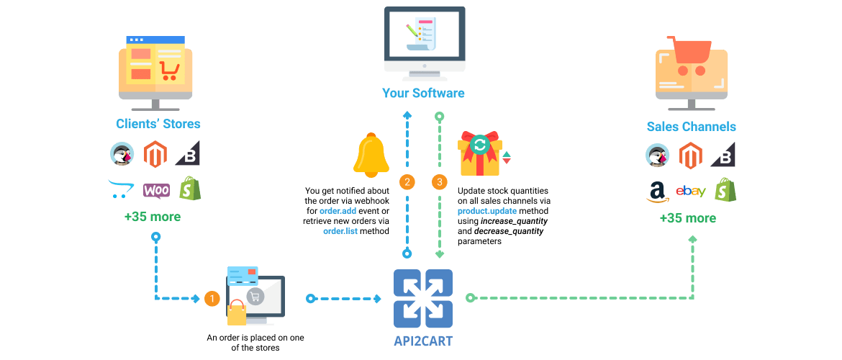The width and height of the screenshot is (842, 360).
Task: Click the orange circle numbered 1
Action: point(212,298)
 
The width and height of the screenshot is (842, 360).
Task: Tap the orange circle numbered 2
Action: point(407,182)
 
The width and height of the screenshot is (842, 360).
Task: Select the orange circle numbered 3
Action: point(440,182)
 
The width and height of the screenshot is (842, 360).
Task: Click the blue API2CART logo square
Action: point(423,299)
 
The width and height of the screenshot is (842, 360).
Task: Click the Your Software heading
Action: point(423,93)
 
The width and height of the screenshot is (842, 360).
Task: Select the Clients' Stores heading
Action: point(158,124)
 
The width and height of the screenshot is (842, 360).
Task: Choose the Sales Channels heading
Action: point(691,127)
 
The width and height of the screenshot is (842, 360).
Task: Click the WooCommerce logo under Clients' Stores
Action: point(156,190)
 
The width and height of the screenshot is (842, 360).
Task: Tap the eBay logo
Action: point(691,192)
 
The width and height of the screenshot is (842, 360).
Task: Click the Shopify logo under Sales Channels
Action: point(725,189)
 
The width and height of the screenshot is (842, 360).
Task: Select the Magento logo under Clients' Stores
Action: point(155,155)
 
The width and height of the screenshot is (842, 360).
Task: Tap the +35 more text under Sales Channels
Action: point(688,218)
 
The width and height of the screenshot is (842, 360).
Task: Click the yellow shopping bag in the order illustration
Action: point(237,312)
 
